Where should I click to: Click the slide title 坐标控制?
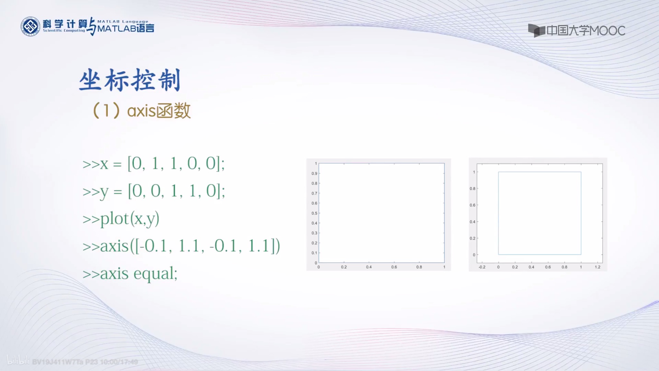pyautogui.click(x=130, y=80)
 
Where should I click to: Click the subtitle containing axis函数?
pyautogui.click(x=142, y=111)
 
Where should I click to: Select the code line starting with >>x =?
pyautogui.click(x=153, y=164)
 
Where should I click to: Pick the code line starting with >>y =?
pyautogui.click(x=154, y=191)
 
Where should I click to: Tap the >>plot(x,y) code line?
pyautogui.click(x=121, y=219)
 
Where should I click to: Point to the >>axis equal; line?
pyautogui.click(x=130, y=274)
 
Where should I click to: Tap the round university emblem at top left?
pyautogui.click(x=30, y=26)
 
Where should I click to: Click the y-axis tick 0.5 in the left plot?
pyautogui.click(x=314, y=213)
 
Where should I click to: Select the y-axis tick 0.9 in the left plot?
pyautogui.click(x=314, y=174)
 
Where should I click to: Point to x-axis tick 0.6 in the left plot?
pyautogui.click(x=394, y=267)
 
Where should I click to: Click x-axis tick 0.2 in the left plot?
pyautogui.click(x=344, y=267)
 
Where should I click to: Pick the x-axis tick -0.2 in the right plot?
pyautogui.click(x=482, y=267)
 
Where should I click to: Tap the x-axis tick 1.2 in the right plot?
pyautogui.click(x=598, y=267)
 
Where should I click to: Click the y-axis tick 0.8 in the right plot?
pyautogui.click(x=472, y=189)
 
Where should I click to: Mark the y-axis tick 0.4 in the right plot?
pyautogui.click(x=472, y=222)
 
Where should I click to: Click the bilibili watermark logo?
pyautogui.click(x=18, y=360)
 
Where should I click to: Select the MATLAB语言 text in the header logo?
pyautogui.click(x=125, y=28)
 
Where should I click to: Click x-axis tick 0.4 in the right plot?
pyautogui.click(x=531, y=267)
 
